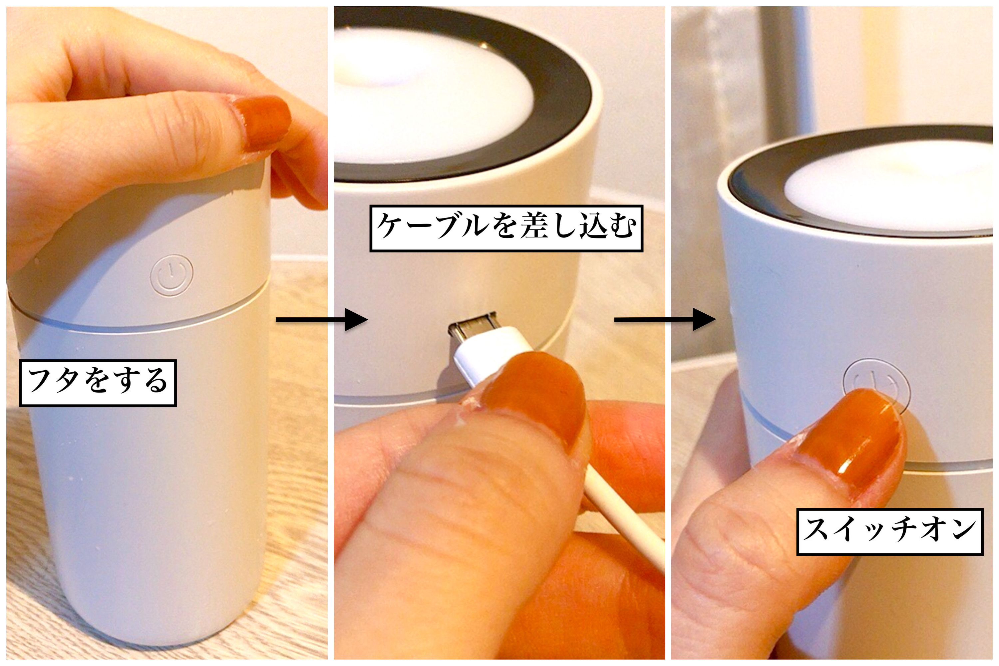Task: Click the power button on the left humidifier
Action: coord(171,274)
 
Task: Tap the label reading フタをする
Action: coord(98,383)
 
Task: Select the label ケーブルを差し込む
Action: coord(506,228)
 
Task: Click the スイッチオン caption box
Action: coord(890,531)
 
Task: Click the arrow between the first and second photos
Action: coord(322,319)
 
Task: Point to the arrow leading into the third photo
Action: coord(665,319)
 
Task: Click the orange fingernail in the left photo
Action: coord(261,123)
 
